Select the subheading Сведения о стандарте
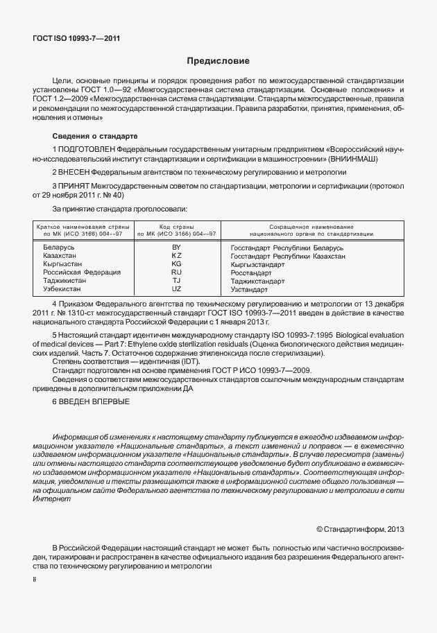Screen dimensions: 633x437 click(95, 135)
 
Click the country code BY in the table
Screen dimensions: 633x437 click(176, 248)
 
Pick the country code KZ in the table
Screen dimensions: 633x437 click(176, 256)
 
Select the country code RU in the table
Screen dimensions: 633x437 click(176, 272)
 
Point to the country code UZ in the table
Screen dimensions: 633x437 click(176, 288)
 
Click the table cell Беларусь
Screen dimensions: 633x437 click(59, 248)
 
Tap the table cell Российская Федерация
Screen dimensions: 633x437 click(81, 272)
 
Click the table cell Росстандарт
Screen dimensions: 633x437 click(252, 272)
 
